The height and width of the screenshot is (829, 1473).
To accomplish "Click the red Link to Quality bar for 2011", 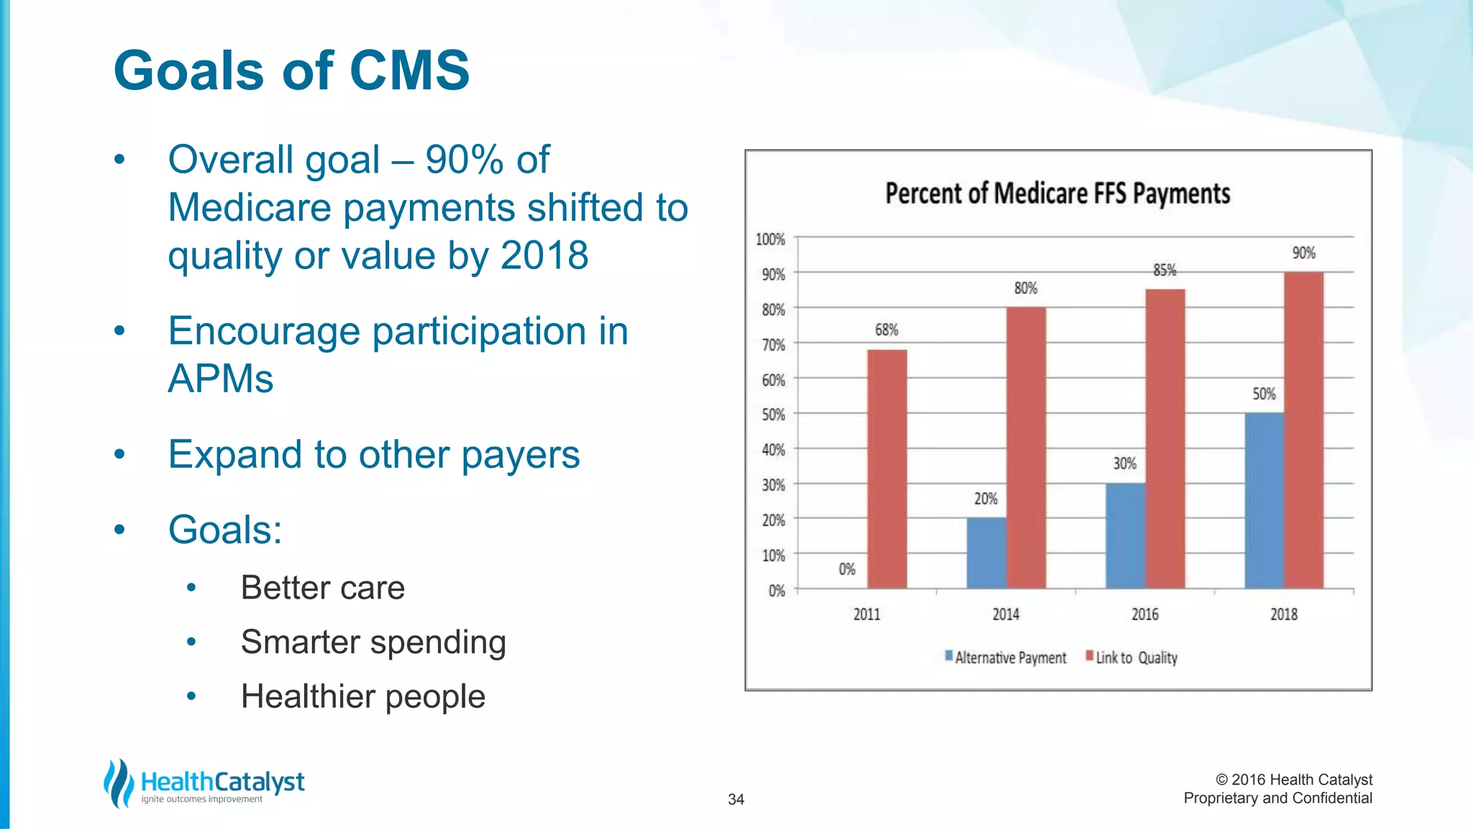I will point(887,469).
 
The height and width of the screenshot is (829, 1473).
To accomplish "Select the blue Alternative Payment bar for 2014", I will point(986,553).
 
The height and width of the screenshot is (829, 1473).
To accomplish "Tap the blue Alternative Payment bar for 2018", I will point(1264,501).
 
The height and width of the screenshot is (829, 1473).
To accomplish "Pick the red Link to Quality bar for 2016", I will point(1164,439).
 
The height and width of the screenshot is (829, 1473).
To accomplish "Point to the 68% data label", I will point(886,330).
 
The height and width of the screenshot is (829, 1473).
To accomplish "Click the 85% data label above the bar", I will point(1164,270).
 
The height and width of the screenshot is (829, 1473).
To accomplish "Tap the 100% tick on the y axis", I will point(770,239).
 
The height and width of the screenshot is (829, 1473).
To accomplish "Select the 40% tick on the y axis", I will point(773,450).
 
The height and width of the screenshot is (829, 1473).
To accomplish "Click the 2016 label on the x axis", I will point(1145,614).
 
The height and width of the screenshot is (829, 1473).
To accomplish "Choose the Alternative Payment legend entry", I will point(1006,657).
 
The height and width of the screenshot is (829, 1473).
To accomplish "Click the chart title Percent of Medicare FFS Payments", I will point(1057,194).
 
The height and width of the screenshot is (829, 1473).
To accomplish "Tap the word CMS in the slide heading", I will point(409,71).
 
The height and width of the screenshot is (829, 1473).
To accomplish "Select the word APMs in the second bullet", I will point(221,379).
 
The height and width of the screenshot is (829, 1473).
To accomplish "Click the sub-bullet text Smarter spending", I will point(373,642).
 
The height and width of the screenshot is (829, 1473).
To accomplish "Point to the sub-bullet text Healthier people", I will point(363,696).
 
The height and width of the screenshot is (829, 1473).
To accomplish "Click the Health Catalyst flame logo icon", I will point(119,783).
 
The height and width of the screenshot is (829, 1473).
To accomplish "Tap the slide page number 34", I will point(736,799).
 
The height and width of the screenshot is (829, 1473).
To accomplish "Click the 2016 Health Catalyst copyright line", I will point(1293,779).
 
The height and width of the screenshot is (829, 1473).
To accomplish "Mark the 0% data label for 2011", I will point(847,569).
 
